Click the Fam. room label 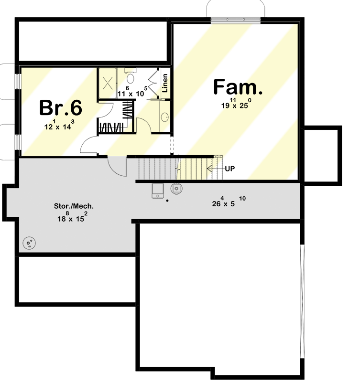[238, 88]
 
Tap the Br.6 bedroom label [60, 108]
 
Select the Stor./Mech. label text [74, 207]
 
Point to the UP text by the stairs [229, 169]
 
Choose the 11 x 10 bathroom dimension [130, 94]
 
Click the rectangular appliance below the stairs [157, 191]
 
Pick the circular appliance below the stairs [177, 188]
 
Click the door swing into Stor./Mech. [117, 166]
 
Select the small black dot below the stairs [167, 201]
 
